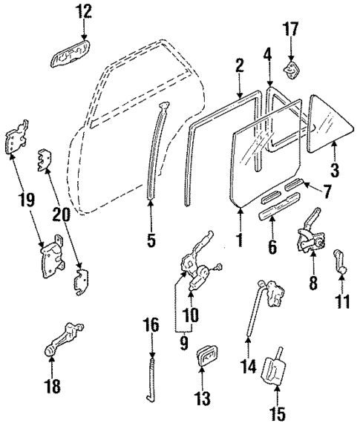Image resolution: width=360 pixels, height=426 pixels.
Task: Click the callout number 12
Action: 84,11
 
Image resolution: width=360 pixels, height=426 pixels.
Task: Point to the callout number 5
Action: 151,240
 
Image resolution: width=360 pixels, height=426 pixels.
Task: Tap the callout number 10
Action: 190,315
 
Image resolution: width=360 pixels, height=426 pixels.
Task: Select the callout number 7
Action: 327,191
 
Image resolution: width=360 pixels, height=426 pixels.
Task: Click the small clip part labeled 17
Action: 292,72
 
